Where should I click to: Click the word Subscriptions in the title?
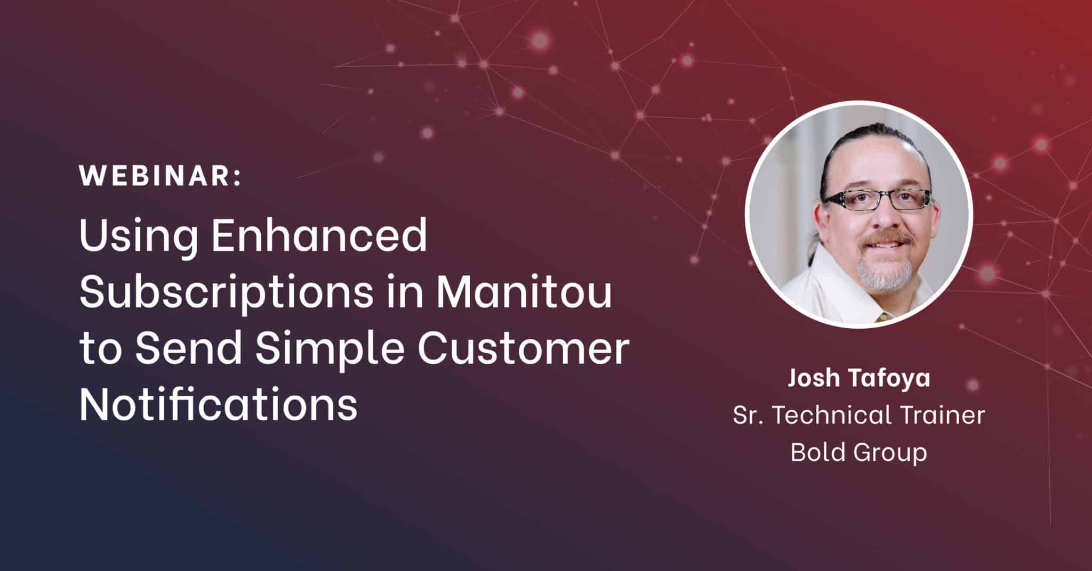click(x=226, y=293)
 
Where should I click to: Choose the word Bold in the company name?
click(x=816, y=452)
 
